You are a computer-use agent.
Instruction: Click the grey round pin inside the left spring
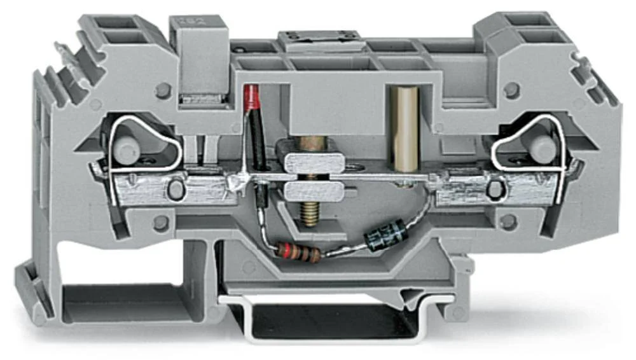(x=127, y=149)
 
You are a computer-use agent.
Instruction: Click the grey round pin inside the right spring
(x=543, y=147)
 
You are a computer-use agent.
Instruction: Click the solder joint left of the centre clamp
(x=238, y=183)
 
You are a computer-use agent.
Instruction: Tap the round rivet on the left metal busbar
(x=175, y=189)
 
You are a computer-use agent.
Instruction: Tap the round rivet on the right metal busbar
(x=494, y=189)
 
